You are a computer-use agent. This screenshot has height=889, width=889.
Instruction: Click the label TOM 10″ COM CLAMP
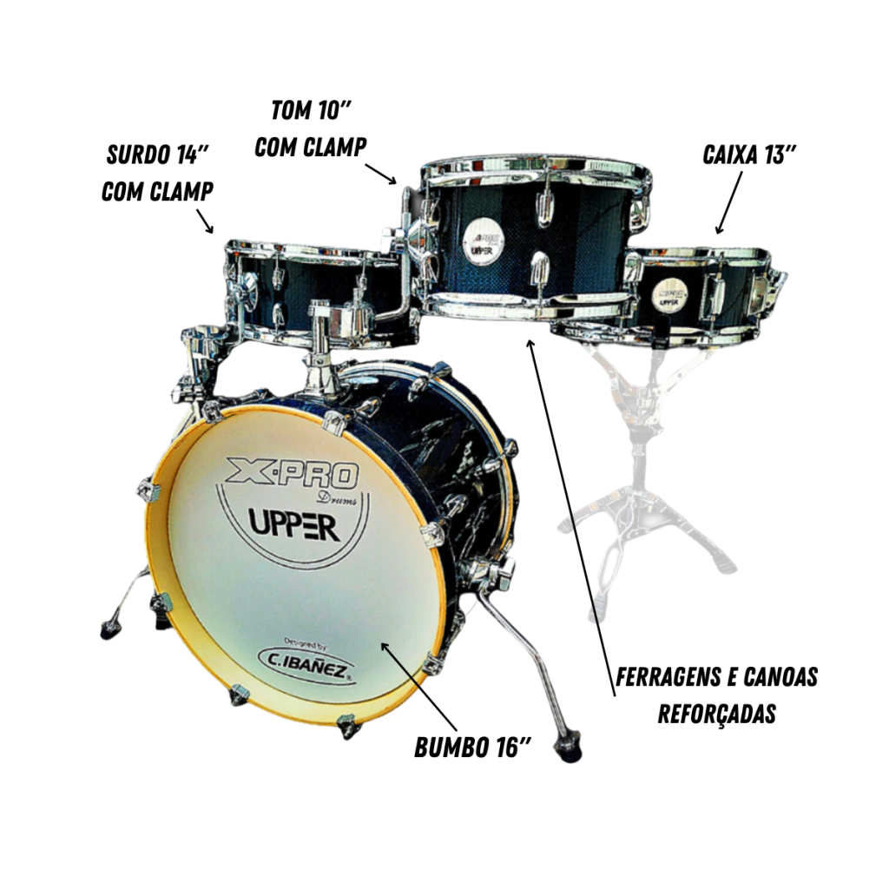pyautogui.click(x=310, y=129)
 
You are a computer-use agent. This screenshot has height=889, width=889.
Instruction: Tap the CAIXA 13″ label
pyautogui.click(x=749, y=155)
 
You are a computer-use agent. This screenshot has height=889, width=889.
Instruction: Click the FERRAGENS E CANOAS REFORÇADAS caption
pyautogui.click(x=716, y=695)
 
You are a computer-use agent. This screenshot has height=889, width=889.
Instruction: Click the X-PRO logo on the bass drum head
pyautogui.click(x=293, y=473)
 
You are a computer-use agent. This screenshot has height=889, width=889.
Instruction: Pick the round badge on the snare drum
pyautogui.click(x=669, y=294)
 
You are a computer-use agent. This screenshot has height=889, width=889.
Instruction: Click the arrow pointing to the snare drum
pyautogui.click(x=729, y=202)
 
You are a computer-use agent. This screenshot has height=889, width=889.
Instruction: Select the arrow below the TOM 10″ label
pyautogui.click(x=380, y=174)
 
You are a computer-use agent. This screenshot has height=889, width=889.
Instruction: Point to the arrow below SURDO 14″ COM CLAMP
pyautogui.click(x=205, y=221)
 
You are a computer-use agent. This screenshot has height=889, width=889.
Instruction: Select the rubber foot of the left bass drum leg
pyautogui.click(x=111, y=630)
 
